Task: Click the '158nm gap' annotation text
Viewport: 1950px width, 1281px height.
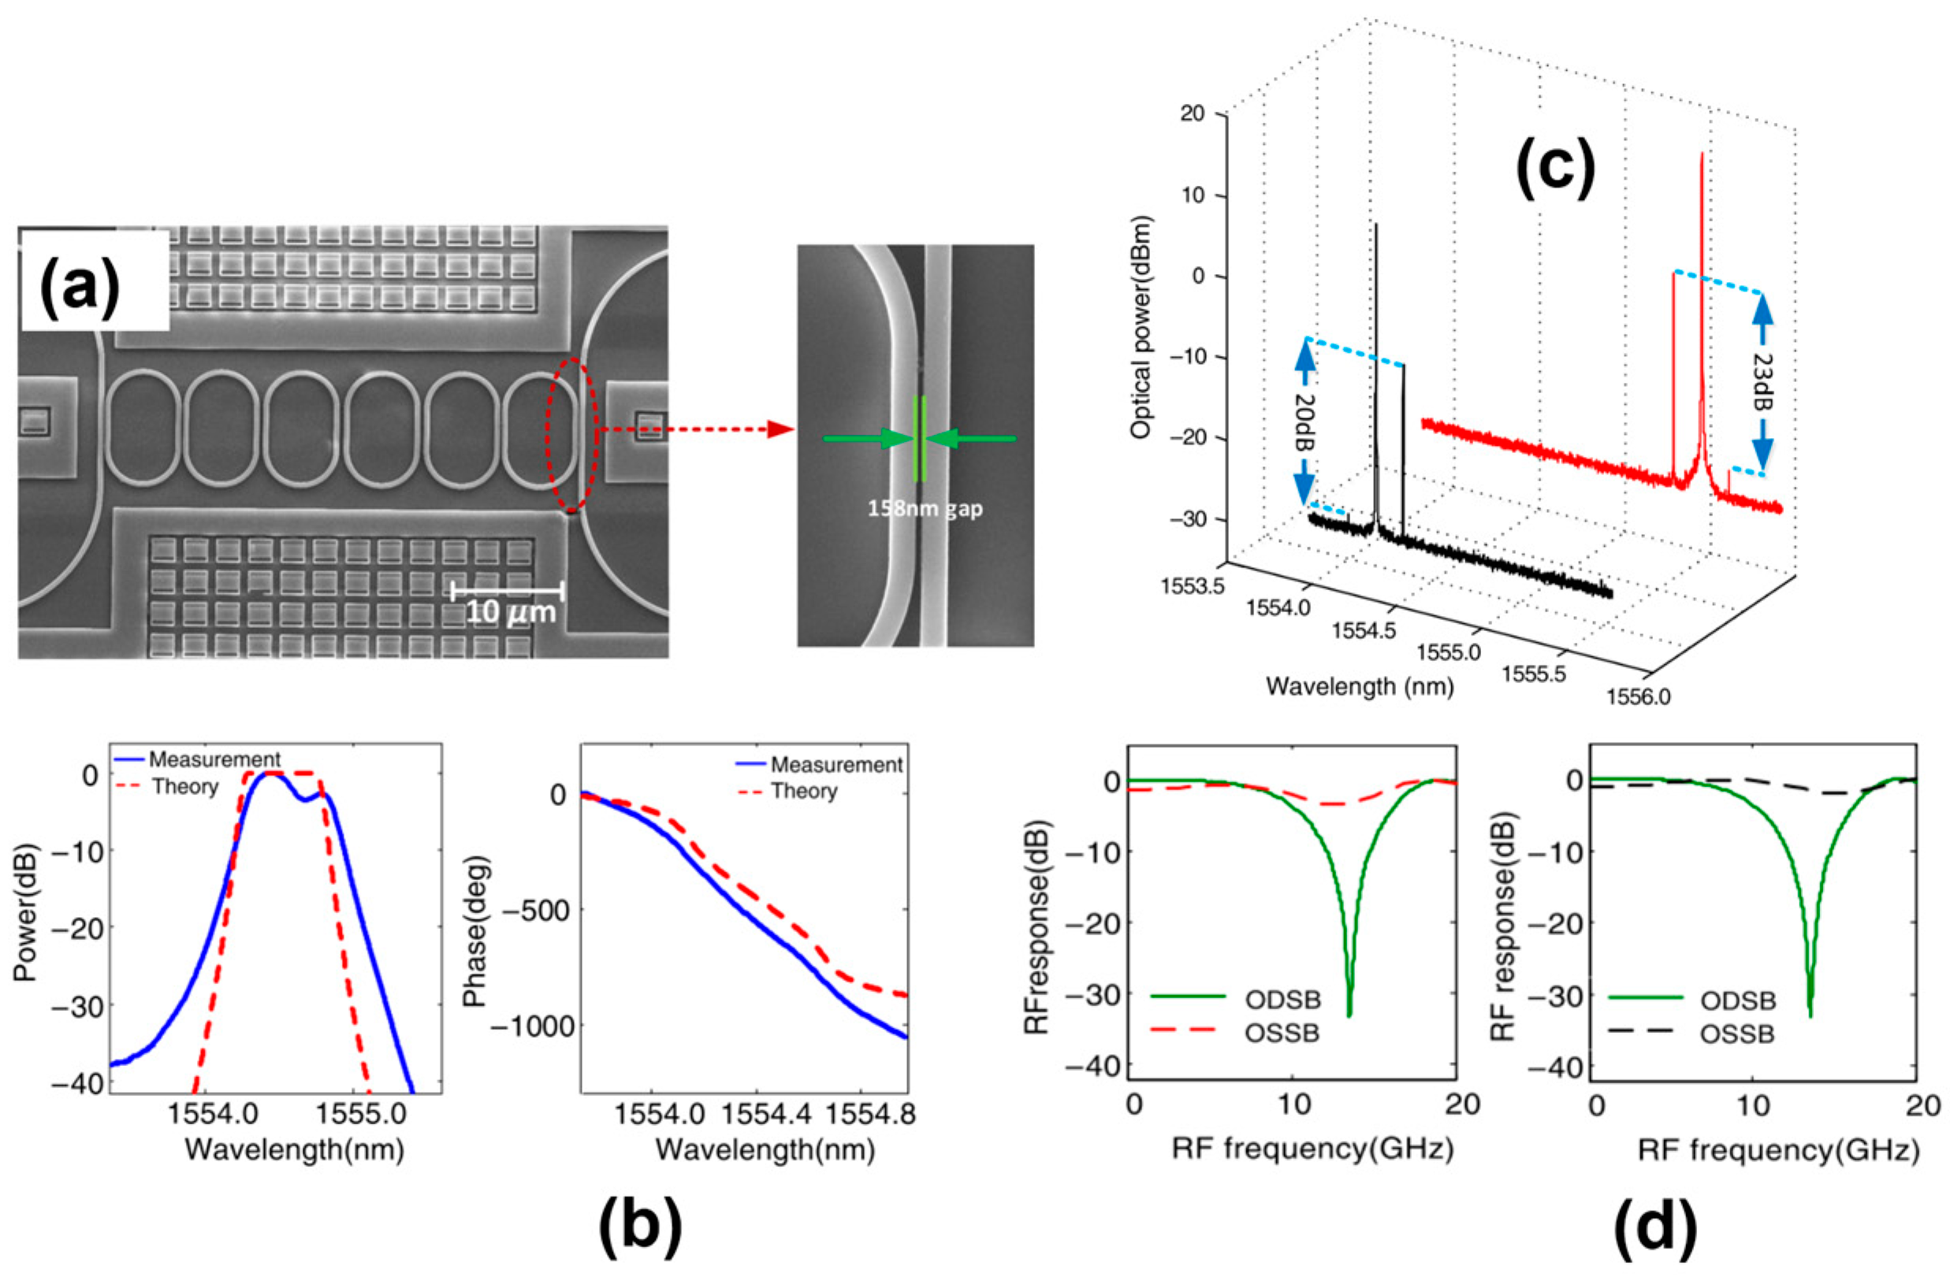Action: coord(925,509)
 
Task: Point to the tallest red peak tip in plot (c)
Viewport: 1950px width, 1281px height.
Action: coord(1702,154)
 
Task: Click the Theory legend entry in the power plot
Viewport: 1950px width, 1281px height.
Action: coord(185,787)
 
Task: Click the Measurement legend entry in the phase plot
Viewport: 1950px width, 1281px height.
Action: coord(835,764)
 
